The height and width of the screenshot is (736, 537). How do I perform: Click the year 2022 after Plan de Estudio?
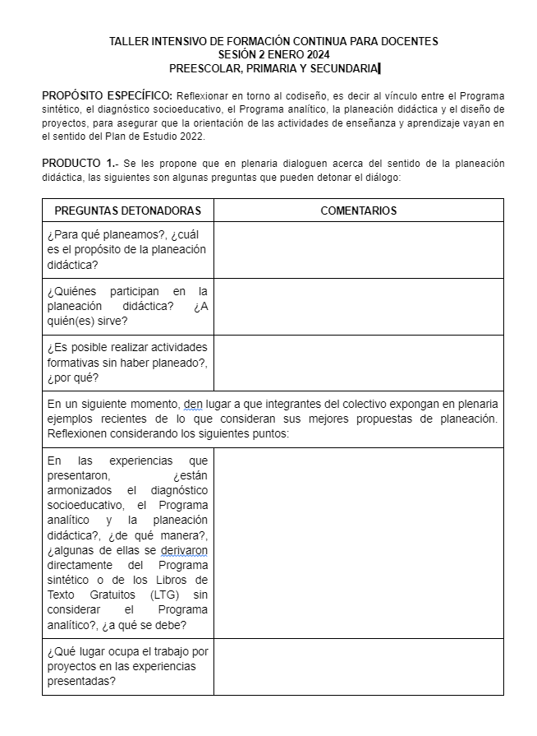190,137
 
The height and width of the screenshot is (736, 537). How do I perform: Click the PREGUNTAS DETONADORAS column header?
127,211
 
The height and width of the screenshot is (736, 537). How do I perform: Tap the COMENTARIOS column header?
358,211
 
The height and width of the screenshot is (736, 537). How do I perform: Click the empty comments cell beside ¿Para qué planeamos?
358,250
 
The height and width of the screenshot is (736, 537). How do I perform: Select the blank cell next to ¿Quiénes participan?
358,306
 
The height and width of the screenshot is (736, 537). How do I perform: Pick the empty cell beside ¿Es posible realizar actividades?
358,363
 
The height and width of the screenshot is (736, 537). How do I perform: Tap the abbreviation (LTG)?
165,595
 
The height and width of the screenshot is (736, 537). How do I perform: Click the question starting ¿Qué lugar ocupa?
127,666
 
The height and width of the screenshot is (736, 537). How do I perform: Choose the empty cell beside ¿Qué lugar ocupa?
358,666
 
